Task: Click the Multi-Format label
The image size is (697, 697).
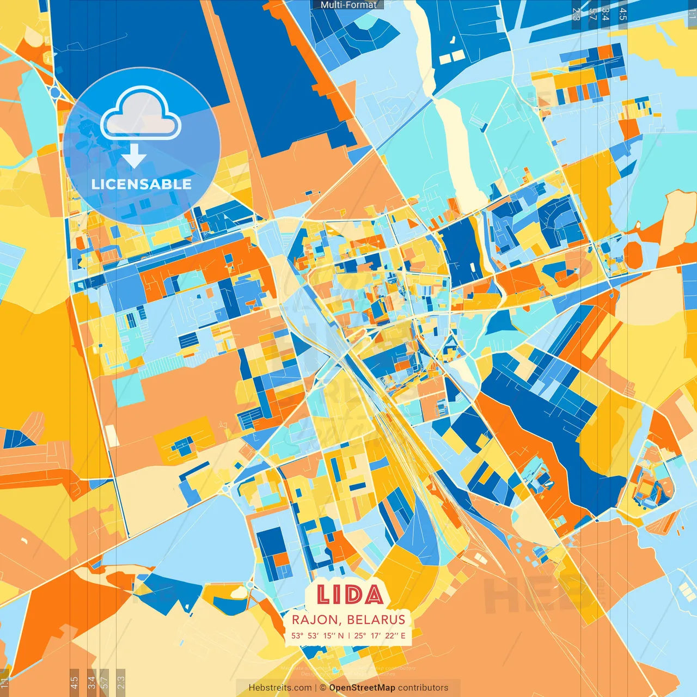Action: pos(348,5)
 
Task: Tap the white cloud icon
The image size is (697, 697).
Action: pos(141,114)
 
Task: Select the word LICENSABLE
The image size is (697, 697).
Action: pos(142,184)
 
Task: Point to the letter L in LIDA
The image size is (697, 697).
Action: pos(323,595)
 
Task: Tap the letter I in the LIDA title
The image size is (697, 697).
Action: pos(336,595)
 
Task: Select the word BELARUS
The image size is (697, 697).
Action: pos(376,620)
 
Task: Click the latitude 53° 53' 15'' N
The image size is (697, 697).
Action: pos(317,635)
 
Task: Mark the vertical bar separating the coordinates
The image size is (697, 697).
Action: pos(348,635)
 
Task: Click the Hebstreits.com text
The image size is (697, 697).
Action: pos(280,688)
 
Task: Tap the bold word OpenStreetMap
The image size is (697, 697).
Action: pos(362,688)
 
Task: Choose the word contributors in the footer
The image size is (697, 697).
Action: pos(423,688)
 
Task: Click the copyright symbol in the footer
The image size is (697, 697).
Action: pos(323,688)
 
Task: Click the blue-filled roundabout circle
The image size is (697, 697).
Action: pos(55,93)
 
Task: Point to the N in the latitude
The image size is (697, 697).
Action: pos(340,635)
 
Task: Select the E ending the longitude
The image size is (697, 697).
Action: pos(403,635)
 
